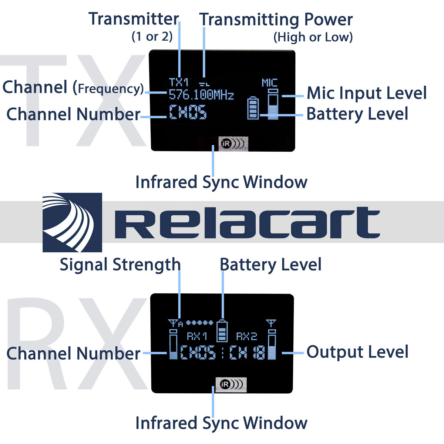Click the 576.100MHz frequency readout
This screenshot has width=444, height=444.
[201, 95]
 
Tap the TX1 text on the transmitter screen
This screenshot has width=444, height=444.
[179, 82]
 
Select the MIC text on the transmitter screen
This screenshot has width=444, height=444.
[269, 83]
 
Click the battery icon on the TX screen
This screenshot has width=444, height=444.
[253, 108]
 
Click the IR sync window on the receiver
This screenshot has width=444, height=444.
[231, 384]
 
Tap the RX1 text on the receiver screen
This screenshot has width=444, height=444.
[196, 336]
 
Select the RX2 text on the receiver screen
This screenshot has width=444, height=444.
[246, 336]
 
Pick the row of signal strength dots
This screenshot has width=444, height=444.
[199, 323]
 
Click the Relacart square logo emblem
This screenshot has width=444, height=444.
[72, 222]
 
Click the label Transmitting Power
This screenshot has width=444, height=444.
[276, 20]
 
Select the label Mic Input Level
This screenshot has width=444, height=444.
[367, 93]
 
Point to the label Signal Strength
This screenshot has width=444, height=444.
[120, 265]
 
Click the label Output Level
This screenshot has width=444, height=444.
[357, 352]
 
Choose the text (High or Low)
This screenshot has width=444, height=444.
[313, 37]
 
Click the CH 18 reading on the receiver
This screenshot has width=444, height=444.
[247, 353]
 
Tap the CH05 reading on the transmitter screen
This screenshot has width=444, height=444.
[188, 112]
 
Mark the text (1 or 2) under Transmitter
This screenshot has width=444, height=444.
[152, 37]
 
